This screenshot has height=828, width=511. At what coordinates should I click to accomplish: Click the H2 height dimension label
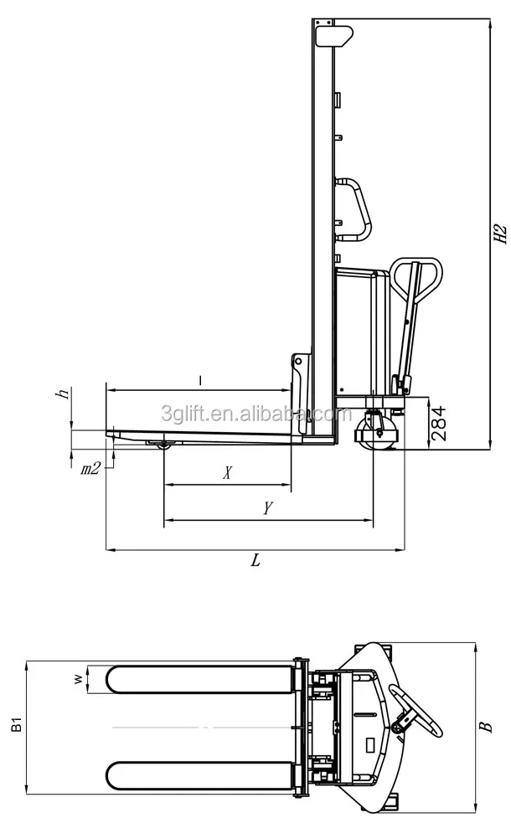(x=500, y=234)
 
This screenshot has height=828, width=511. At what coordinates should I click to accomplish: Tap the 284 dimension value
(x=438, y=424)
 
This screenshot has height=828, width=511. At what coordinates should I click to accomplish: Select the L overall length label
(x=255, y=562)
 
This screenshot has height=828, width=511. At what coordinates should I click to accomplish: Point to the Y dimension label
(x=267, y=508)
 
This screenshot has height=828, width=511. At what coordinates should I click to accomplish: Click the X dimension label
(x=227, y=473)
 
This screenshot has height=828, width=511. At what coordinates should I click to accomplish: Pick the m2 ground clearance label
(x=90, y=469)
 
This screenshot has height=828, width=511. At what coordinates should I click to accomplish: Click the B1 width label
(x=18, y=724)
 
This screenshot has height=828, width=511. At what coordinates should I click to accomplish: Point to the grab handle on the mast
(x=356, y=209)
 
